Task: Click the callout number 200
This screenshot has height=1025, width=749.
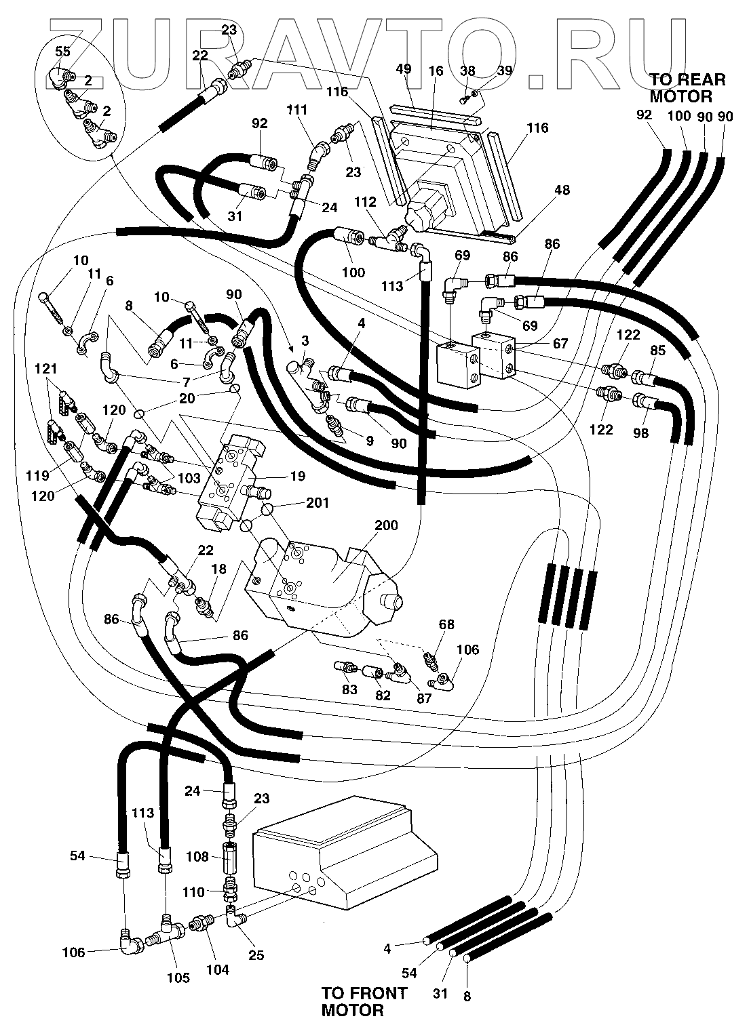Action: pos(386,525)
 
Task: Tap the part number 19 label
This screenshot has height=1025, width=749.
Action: pos(298,476)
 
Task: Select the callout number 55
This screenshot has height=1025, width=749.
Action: pos(62,52)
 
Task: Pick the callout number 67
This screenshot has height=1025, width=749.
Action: pos(560,343)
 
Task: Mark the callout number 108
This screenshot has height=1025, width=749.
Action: pos(197,856)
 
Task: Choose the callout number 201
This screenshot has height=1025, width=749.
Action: pos(318,503)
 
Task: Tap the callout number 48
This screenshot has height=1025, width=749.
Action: pos(562,190)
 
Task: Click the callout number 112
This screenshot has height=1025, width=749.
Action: pos(365,202)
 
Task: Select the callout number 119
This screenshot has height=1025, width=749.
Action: pos(37,475)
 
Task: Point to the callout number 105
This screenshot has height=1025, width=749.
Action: pos(178,978)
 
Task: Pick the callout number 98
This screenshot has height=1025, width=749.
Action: pos(640,433)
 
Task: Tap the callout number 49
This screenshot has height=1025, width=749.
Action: pos(404,69)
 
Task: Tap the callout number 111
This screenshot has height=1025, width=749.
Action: pos(297,110)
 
